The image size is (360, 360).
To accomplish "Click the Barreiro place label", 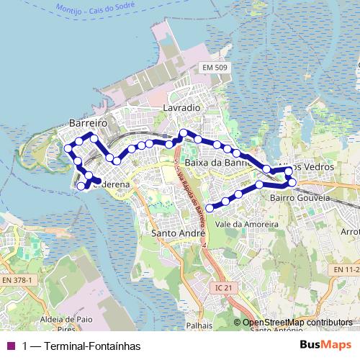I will (x=88, y=123).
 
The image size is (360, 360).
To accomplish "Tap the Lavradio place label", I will (x=181, y=107).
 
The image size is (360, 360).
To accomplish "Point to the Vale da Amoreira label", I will (x=246, y=225).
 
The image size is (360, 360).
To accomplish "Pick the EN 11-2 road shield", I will (x=346, y=269).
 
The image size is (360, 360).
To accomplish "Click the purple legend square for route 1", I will (x=10, y=346).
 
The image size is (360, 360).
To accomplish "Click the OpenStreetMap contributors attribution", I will (x=297, y=323).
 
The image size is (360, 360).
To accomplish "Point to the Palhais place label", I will (x=199, y=325).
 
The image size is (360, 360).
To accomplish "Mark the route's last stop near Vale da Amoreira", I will (x=210, y=207).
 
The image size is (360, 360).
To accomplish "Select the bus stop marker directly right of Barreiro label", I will (x=94, y=138).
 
